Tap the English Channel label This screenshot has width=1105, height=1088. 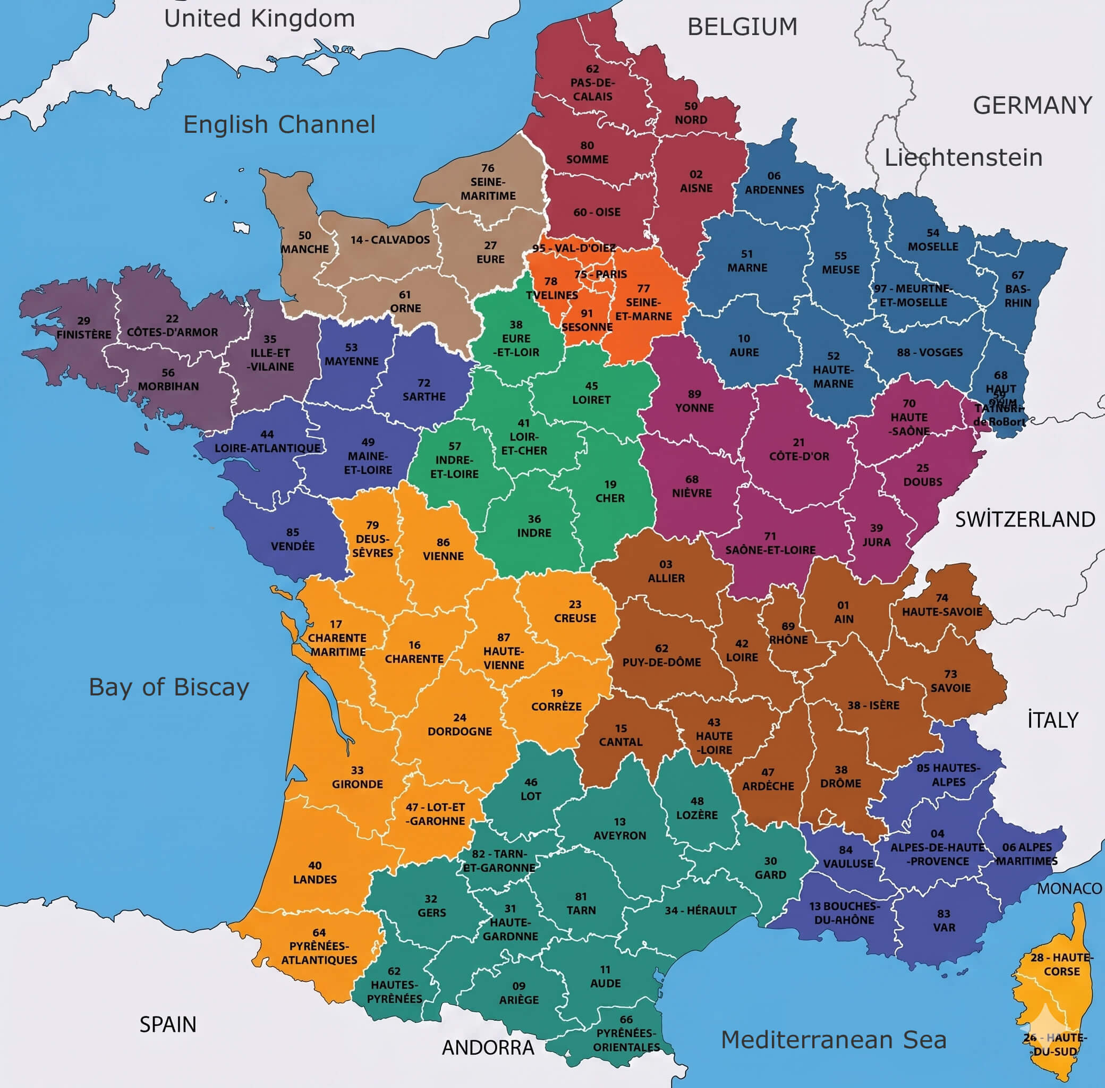coord(279,124)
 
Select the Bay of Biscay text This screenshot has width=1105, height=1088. coord(168,687)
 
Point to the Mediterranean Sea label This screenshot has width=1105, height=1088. coord(834,1040)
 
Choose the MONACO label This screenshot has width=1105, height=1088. coord(1069,889)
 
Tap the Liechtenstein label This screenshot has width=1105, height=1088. coord(963,157)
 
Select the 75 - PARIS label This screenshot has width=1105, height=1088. coord(600,274)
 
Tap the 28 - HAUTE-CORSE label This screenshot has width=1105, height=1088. coord(1061,964)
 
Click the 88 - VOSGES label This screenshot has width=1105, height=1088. coord(930,353)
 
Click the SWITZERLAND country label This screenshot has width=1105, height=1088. coord(1025,520)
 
